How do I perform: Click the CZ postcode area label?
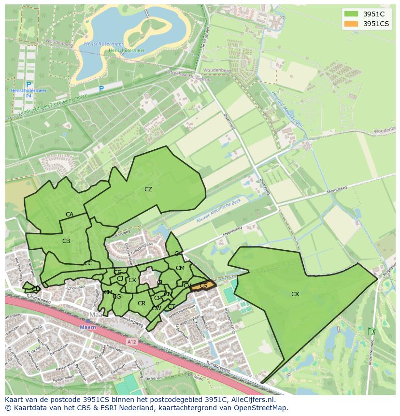148,189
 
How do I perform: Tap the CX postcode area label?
295,294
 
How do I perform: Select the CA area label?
70,215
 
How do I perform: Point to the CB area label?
66,241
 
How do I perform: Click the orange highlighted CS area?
203,286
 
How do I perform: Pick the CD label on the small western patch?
36,289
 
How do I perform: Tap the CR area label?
142,303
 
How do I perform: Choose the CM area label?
180,268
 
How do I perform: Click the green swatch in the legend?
351,14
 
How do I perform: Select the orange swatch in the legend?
351,24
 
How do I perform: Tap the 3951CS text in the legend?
376,24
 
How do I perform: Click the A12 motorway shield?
132,342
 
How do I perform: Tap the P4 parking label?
29,96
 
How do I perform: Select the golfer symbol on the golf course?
371,331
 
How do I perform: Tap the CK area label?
132,280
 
